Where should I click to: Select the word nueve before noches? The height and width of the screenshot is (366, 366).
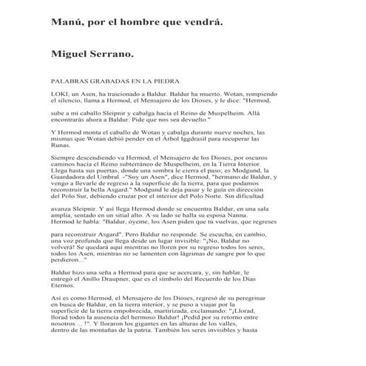click(x=243, y=144)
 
